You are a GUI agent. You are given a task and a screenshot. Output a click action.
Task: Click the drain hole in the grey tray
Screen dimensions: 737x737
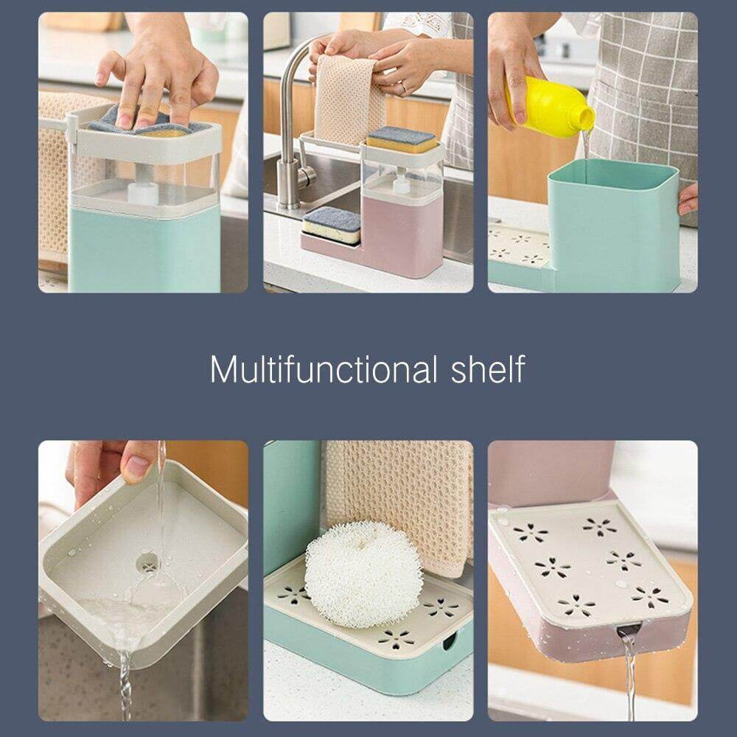coord(147,564)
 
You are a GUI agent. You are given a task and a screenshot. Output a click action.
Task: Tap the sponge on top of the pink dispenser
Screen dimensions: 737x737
coord(402,139)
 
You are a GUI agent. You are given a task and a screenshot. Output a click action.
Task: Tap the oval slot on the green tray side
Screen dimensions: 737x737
coord(447,642)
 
